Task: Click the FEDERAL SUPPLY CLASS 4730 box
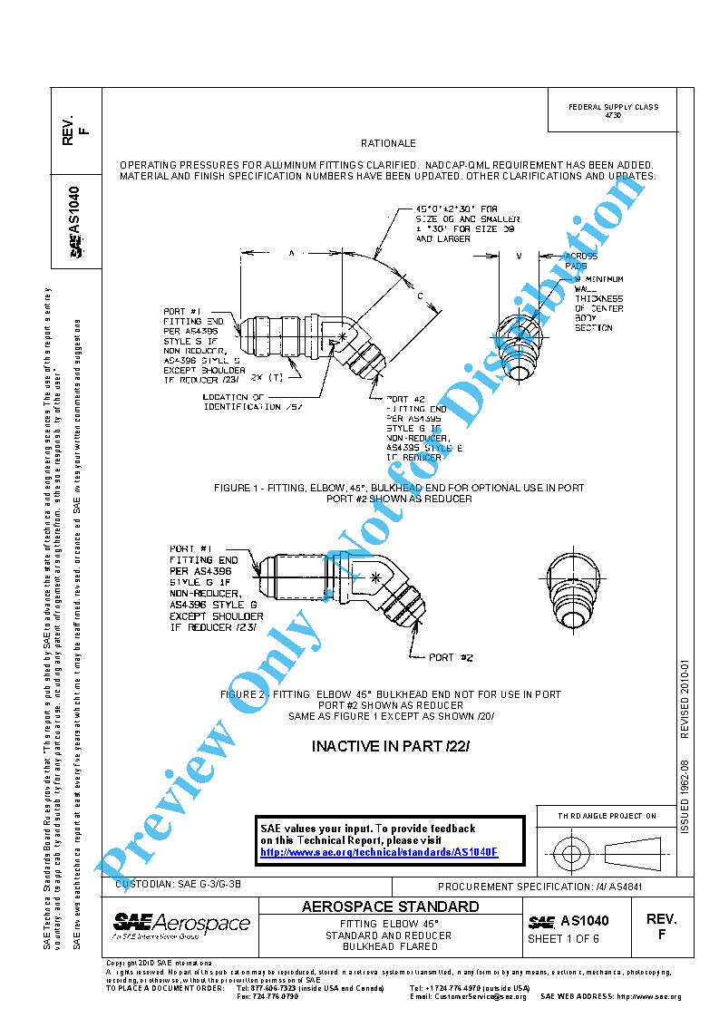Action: click(x=613, y=111)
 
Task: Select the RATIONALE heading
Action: click(x=388, y=143)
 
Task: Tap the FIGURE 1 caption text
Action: click(x=399, y=493)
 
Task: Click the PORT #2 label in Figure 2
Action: click(x=451, y=657)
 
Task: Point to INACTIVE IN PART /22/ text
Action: click(x=391, y=747)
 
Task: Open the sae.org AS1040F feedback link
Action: click(x=379, y=853)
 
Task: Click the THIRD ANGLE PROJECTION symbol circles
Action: click(x=571, y=853)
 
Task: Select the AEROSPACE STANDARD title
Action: click(x=390, y=907)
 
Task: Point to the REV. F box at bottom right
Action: click(x=661, y=926)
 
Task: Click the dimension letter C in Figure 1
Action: click(x=420, y=296)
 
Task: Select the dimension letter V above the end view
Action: click(x=518, y=257)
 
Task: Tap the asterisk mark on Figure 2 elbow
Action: click(x=374, y=577)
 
